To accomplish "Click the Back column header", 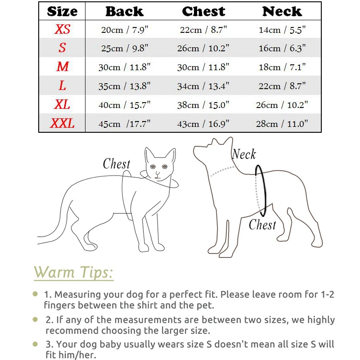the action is (x=124, y=11).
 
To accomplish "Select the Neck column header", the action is (x=282, y=11).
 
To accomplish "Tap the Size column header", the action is (x=62, y=11).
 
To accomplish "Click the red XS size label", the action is (x=62, y=30).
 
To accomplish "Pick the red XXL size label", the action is (x=62, y=123).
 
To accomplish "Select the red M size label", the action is (x=62, y=67).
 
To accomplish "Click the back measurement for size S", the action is (x=124, y=48).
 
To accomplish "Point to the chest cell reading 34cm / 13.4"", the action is (x=203, y=86).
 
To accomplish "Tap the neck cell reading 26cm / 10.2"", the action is (x=282, y=105).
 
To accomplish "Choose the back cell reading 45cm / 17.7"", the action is (x=124, y=124).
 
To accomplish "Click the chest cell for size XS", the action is (x=203, y=30).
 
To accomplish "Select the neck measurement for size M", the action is (x=282, y=67).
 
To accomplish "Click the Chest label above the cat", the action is (x=116, y=164).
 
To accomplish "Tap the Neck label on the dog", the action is (x=244, y=154).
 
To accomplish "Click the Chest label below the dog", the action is (x=262, y=224).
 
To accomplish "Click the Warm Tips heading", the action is (x=73, y=273).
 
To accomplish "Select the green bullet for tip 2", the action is (x=36, y=319).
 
